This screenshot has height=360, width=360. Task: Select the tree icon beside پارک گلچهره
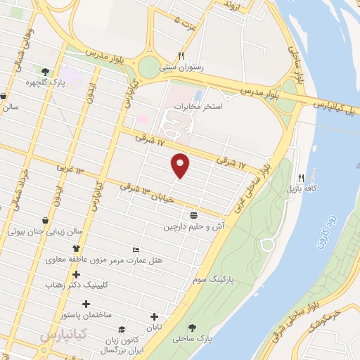tap(45, 71)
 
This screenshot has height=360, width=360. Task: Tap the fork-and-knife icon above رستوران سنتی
tap(181, 56)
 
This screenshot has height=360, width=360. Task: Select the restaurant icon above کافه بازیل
tap(301, 178)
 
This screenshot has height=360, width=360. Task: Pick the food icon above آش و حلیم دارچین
tap(194, 215)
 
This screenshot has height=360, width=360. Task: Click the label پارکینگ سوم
tap(213, 279)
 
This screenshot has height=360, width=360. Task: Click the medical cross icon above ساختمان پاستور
tap(86, 304)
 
